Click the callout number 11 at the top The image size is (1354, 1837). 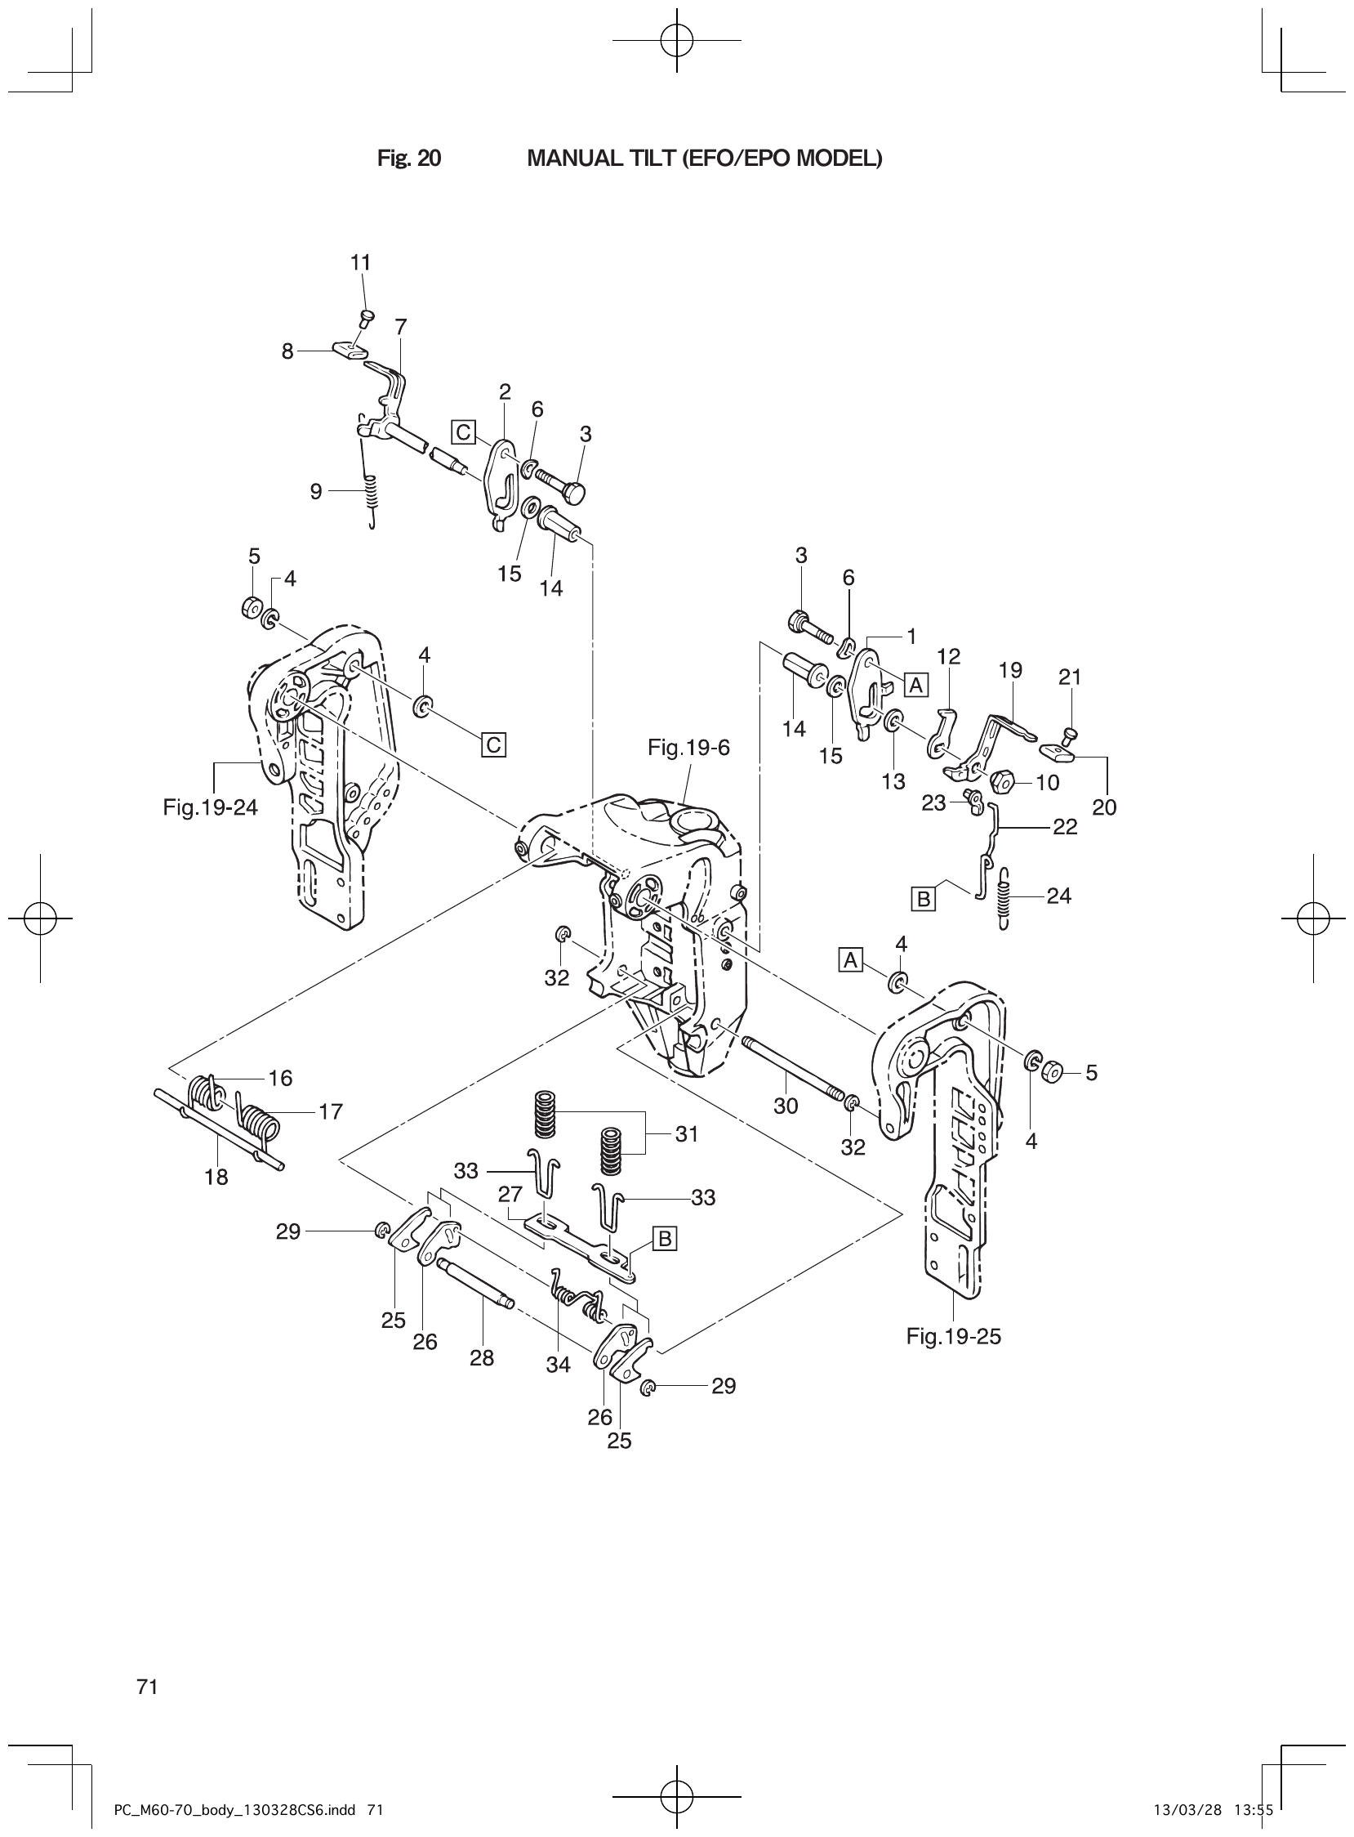click(361, 262)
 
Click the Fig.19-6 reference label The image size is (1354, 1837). click(688, 747)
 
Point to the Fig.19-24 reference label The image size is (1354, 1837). click(211, 808)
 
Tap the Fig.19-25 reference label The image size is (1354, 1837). click(953, 1336)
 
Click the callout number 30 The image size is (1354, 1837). click(785, 1106)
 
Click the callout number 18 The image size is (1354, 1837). click(216, 1178)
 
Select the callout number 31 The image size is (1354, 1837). click(687, 1134)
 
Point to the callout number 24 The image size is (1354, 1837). click(1059, 896)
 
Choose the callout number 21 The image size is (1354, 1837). click(1070, 677)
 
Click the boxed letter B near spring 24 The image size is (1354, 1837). click(923, 899)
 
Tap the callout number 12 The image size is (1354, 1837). click(948, 656)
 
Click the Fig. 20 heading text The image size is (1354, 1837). click(409, 159)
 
